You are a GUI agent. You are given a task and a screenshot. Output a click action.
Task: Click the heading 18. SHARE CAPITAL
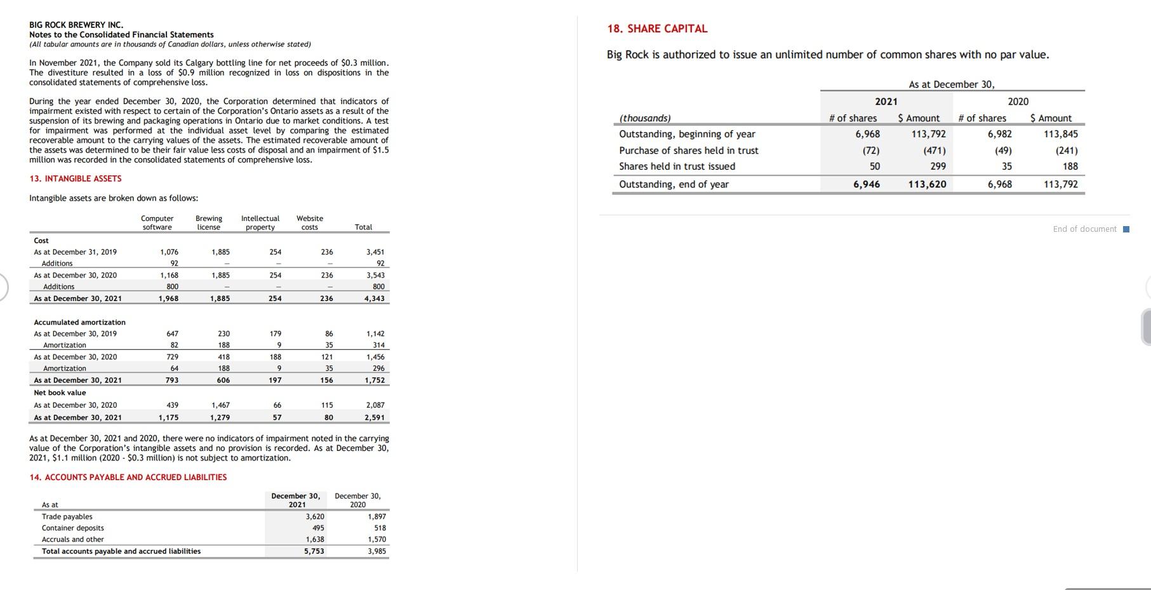pyautogui.click(x=657, y=29)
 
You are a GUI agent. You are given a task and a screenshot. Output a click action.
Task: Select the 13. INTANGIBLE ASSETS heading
pyautogui.click(x=76, y=178)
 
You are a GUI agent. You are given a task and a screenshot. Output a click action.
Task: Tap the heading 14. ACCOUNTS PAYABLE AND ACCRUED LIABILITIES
pyautogui.click(x=128, y=477)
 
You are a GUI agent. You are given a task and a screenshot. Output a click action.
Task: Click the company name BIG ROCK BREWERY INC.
pyautogui.click(x=76, y=25)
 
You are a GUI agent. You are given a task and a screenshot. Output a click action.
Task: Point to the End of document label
pyautogui.click(x=1084, y=229)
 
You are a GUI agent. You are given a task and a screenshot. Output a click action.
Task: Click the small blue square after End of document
pyautogui.click(x=1126, y=229)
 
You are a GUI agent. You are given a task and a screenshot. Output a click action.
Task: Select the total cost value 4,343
pyautogui.click(x=375, y=298)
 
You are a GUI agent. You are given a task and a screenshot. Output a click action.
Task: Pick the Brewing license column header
pyautogui.click(x=209, y=223)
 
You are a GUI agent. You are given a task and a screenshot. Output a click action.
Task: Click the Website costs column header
pyautogui.click(x=310, y=223)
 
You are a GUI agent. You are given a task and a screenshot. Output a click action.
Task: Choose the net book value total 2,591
pyautogui.click(x=375, y=418)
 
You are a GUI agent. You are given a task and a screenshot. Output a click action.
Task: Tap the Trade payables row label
pyautogui.click(x=67, y=517)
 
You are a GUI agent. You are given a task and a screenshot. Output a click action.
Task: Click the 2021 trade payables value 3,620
pyautogui.click(x=315, y=517)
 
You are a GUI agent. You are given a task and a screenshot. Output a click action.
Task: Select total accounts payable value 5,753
pyautogui.click(x=314, y=551)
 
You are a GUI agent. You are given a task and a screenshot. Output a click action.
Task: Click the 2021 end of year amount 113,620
pyautogui.click(x=927, y=184)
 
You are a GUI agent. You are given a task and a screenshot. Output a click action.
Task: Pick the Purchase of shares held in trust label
pyautogui.click(x=689, y=151)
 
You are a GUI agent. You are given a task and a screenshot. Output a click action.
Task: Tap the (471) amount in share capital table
pyautogui.click(x=934, y=151)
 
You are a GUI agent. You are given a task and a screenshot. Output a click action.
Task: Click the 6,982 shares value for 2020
pyautogui.click(x=1000, y=134)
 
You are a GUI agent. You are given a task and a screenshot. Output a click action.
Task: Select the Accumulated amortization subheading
pyautogui.click(x=80, y=323)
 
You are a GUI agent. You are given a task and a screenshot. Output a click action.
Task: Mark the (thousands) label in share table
pyautogui.click(x=645, y=118)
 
